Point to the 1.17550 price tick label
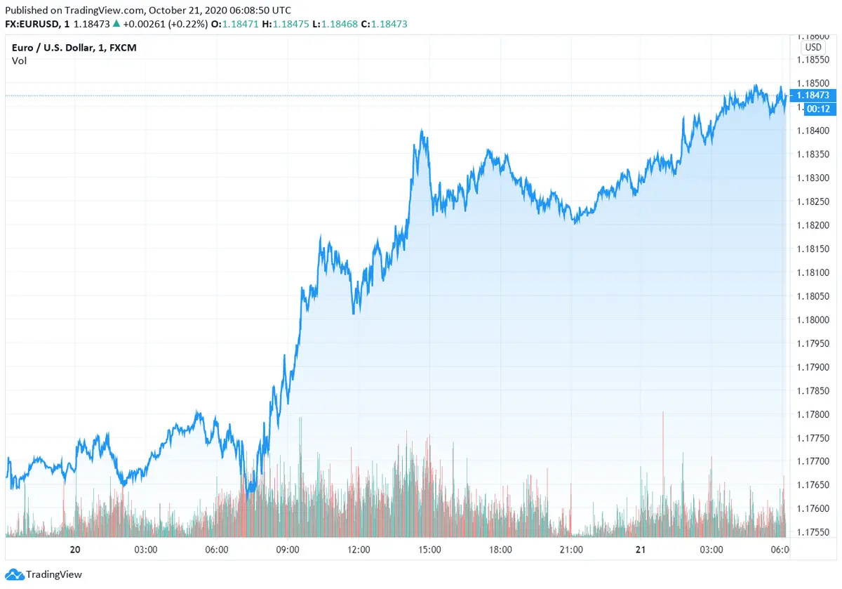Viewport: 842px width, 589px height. tap(813, 532)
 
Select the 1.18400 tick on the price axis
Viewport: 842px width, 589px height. tap(813, 131)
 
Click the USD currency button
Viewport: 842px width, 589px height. tap(813, 47)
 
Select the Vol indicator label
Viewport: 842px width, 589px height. tap(19, 61)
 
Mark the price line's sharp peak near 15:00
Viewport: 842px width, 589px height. tap(422, 131)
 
